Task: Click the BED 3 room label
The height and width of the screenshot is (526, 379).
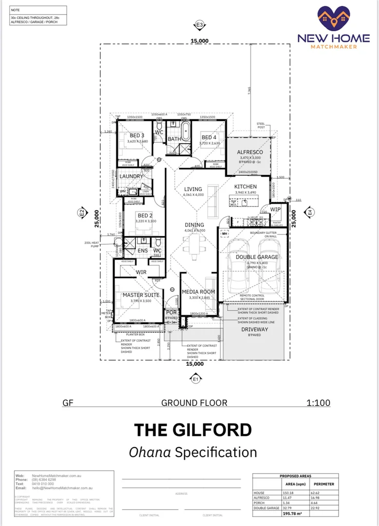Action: point(136,135)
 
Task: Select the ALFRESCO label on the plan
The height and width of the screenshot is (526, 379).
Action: point(249,152)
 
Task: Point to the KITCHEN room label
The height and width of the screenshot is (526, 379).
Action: point(245,187)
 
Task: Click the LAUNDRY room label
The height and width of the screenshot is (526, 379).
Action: point(132,176)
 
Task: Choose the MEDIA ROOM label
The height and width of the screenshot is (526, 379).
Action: point(198,292)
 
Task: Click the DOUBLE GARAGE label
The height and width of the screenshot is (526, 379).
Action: point(257,257)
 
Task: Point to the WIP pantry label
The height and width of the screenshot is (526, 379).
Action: point(276,209)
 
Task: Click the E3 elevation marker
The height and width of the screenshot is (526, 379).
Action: point(198,24)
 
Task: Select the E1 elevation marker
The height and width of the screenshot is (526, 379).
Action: point(195,378)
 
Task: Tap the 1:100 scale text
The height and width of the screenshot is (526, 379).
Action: point(318,403)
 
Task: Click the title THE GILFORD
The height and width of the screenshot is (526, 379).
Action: point(193,430)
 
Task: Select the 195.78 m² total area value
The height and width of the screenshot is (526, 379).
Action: point(296,513)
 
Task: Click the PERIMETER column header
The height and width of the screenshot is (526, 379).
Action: point(323,484)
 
